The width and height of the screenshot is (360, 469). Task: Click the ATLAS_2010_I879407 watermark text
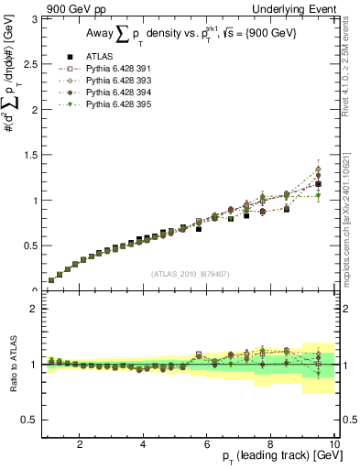click(190, 272)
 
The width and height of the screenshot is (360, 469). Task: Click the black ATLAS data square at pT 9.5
click(318, 184)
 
